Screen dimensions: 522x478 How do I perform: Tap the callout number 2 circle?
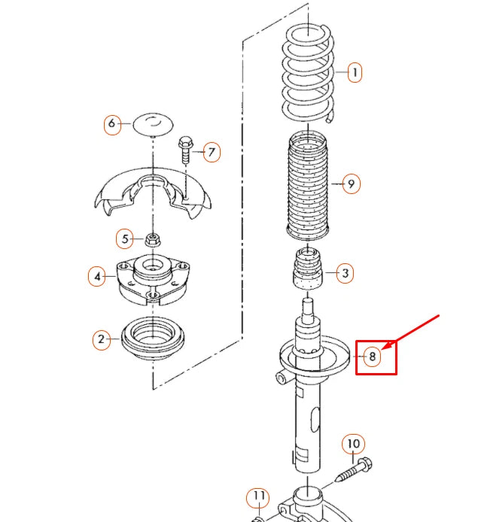point(102,340)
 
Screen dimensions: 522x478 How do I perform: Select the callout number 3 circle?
point(345,273)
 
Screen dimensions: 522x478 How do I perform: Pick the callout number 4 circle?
point(96,277)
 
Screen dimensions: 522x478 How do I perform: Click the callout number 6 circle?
point(112,123)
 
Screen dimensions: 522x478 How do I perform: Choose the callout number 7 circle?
point(212,153)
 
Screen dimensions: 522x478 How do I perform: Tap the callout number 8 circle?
point(372,357)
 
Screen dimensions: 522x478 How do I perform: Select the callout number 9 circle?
point(351,183)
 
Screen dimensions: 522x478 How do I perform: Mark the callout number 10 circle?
point(354,445)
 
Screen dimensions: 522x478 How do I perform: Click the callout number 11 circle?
point(258,497)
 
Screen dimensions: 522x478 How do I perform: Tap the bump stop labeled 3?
point(307,269)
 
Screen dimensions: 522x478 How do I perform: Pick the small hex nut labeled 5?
point(153,240)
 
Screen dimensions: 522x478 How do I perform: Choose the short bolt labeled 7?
point(185,150)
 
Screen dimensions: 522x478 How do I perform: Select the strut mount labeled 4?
point(152,280)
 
